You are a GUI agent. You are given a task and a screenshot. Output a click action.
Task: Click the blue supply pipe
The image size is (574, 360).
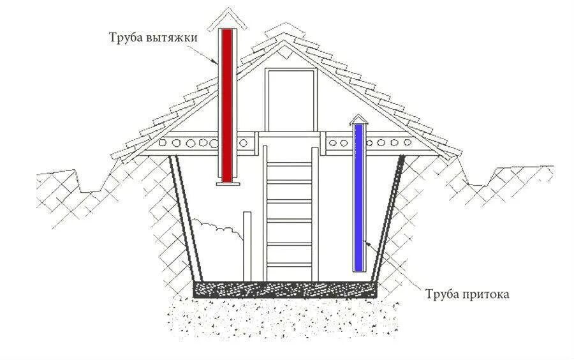(x=358, y=198)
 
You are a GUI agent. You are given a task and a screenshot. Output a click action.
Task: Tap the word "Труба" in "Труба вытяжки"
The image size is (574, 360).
(x=124, y=38)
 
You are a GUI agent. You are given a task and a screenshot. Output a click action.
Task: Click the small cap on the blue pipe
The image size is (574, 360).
(x=359, y=119)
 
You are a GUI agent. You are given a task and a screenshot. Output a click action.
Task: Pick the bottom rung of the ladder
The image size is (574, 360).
(x=290, y=264)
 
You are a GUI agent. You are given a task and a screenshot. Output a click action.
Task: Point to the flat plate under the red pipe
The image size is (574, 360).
(x=226, y=184)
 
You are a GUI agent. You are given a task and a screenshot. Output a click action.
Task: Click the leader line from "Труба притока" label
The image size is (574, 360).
(x=395, y=268)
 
